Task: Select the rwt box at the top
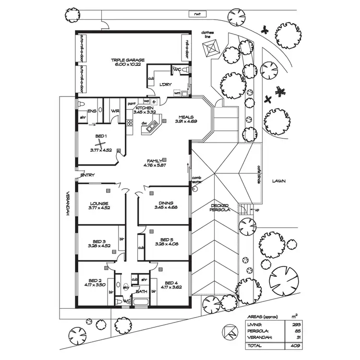tap(196, 14)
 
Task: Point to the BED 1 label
tap(100, 136)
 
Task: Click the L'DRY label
tap(166, 84)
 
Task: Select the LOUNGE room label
tap(99, 203)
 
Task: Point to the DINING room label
tap(166, 203)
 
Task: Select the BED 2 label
tap(95, 280)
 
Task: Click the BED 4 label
tap(171, 282)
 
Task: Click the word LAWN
tap(278, 181)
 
